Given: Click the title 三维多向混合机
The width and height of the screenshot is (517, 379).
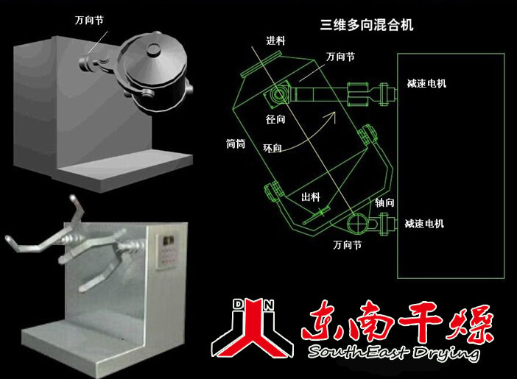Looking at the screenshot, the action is coord(366,25).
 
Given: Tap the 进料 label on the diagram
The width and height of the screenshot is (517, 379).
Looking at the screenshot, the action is coord(275,41).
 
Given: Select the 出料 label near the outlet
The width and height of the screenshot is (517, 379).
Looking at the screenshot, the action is coord(311,197).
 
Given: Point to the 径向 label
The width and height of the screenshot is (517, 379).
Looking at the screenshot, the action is coord(275,119).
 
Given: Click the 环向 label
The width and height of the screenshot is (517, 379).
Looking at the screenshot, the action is coord(272,149).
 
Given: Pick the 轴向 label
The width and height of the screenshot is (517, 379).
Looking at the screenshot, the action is coord(384,202).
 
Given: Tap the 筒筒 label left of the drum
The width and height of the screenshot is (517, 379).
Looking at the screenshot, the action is coord(236,144).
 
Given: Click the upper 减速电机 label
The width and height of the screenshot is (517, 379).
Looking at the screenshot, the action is coord(426,83).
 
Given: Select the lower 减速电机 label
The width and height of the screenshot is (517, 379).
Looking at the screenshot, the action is coord(424,224).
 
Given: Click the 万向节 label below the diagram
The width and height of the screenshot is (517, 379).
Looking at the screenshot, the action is coord(347,245).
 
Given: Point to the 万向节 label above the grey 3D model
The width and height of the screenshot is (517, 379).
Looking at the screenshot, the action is coord(89,21).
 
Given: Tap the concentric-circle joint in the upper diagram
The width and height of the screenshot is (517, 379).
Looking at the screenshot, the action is coord(279,95).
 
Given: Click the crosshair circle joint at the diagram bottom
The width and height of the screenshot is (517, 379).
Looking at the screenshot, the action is coord(356,223).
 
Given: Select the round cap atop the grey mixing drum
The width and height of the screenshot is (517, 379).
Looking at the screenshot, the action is coord(153,49).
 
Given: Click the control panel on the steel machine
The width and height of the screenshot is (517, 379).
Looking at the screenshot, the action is coord(167,250).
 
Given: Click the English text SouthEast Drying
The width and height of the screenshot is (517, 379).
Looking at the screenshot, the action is coord(393,353).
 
